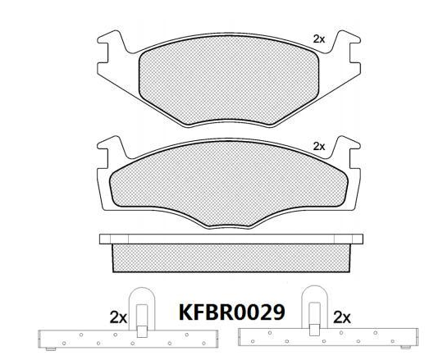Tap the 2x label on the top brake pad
point(319,39)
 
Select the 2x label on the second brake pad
point(319,146)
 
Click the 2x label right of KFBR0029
point(343,316)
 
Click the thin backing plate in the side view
point(229,239)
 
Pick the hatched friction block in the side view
point(229,257)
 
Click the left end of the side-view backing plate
point(103,239)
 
